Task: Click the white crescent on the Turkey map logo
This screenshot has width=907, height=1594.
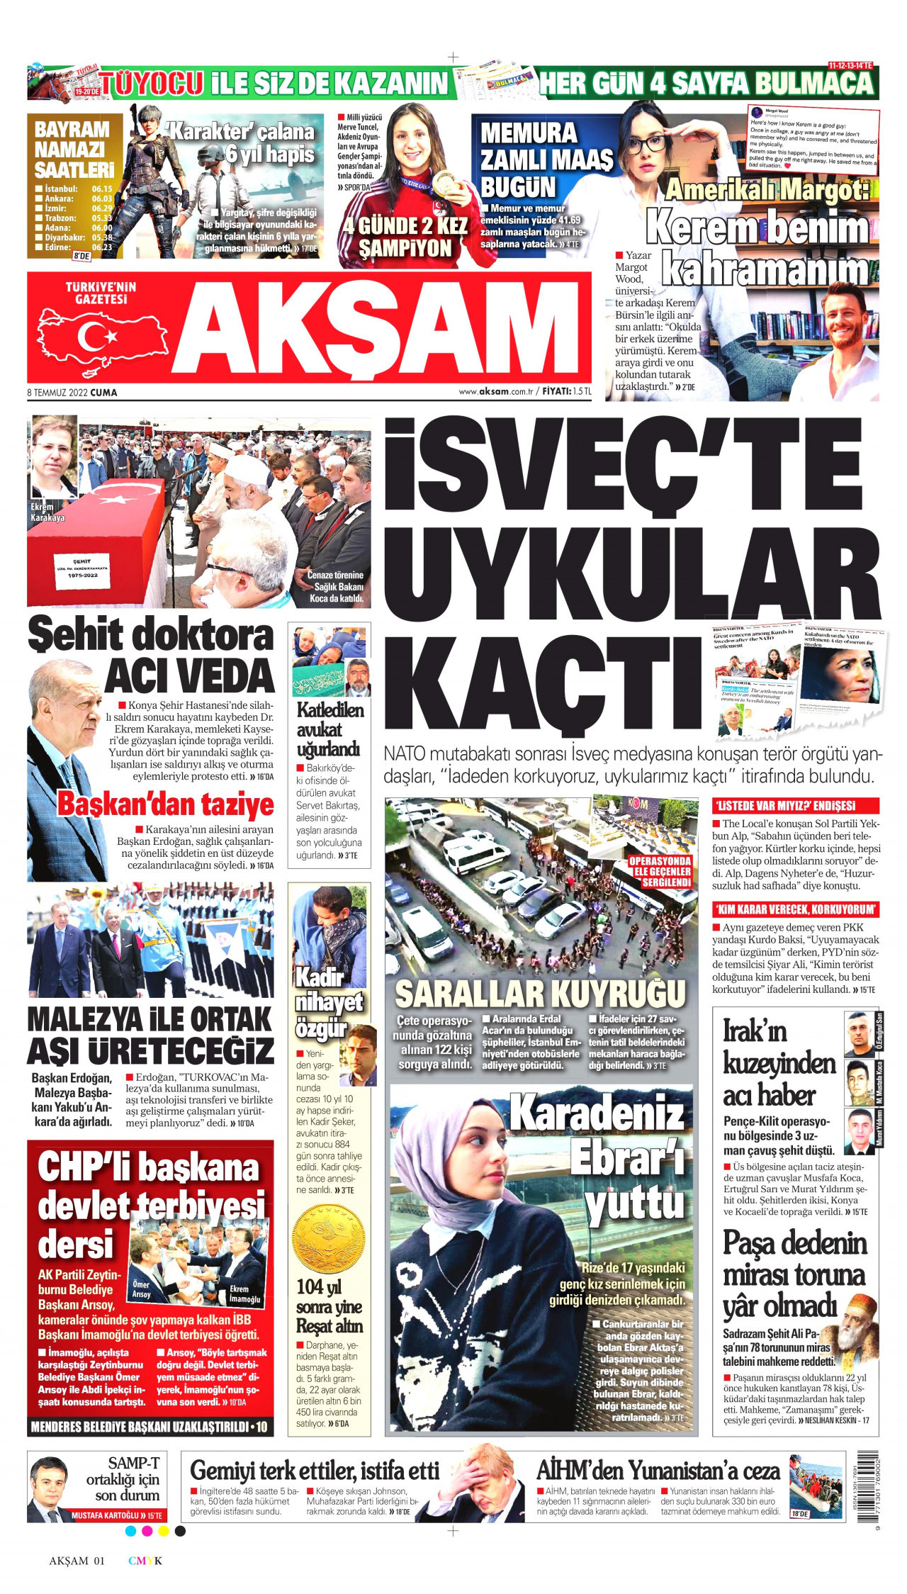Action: pos(91,337)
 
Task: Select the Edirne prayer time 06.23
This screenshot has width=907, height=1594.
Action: pos(102,247)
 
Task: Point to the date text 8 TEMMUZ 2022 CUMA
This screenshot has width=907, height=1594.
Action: pos(72,392)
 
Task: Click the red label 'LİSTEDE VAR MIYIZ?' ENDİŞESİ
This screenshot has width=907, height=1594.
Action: pos(795,806)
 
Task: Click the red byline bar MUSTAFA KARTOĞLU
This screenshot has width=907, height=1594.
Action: pos(116,1515)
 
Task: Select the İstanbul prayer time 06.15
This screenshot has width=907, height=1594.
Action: pos(102,189)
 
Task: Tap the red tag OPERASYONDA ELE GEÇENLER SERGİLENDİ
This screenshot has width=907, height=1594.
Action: pos(660,871)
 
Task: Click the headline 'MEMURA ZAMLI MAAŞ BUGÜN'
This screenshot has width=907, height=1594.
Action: pos(546,159)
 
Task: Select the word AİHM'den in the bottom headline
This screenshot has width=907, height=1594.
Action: pos(580,1471)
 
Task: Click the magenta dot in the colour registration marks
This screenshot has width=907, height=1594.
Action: pos(147,1531)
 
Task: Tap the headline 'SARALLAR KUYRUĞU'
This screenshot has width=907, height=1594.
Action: pos(540,994)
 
